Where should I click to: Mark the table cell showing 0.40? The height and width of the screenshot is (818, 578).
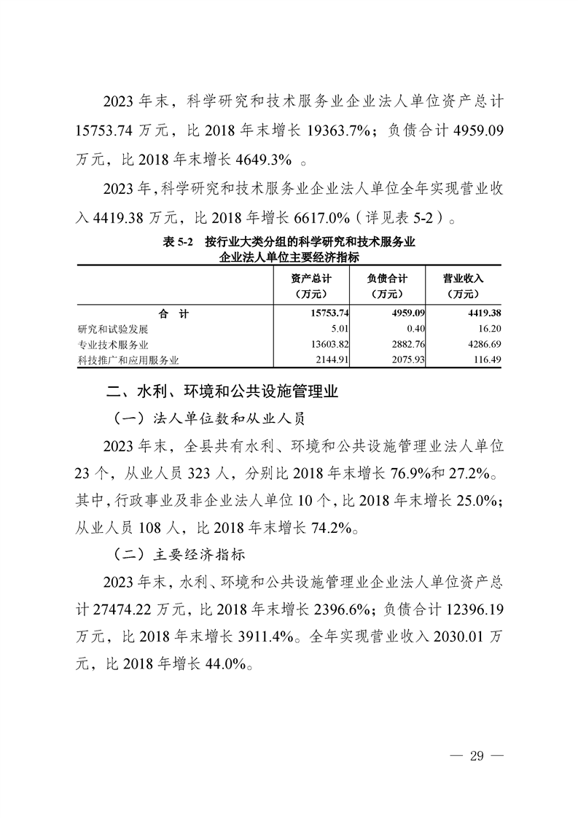point(417,329)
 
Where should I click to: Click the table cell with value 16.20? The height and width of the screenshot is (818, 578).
point(490,329)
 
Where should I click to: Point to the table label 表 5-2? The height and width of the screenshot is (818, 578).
point(177,241)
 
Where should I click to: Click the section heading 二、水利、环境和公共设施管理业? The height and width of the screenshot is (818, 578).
point(223,393)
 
